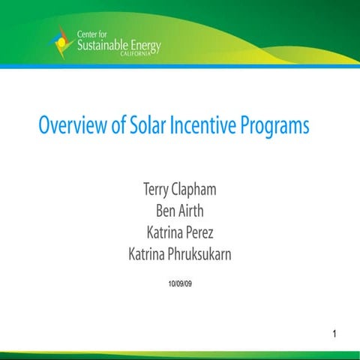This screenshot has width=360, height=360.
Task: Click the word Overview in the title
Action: click(73, 125)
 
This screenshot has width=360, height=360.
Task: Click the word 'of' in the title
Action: click(118, 125)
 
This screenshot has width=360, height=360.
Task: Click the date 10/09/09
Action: click(179, 283)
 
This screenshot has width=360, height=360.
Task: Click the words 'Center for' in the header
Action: click(96, 34)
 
